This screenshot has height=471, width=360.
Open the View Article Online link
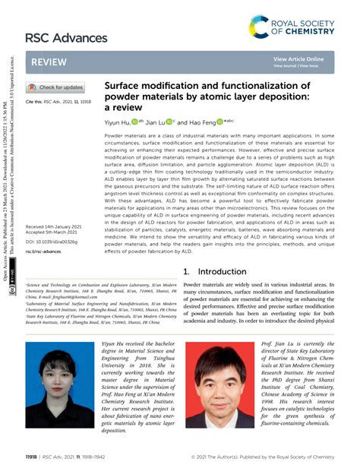[298, 58]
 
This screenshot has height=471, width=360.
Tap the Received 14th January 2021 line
[55, 227]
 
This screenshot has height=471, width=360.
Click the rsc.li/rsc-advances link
[43, 250]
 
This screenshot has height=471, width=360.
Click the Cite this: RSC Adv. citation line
[58, 100]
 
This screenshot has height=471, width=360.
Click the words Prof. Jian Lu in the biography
[278, 344]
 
